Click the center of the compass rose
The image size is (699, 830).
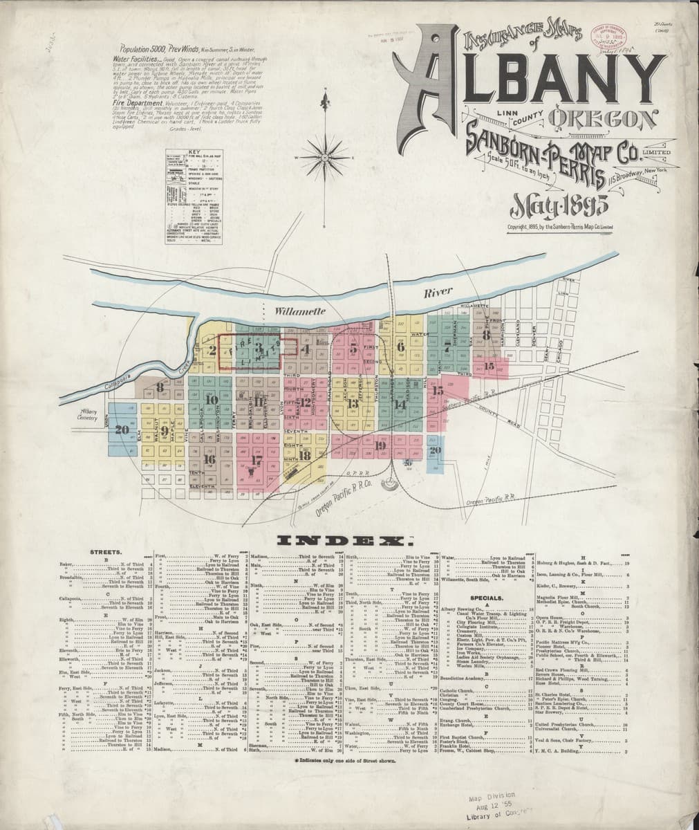tap(324, 157)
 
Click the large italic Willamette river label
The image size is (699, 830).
tap(299, 313)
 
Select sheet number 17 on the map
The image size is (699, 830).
tap(257, 459)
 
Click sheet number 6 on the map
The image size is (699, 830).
tap(400, 347)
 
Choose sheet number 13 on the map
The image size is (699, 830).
tap(353, 404)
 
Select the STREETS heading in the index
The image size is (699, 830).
tap(106, 553)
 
